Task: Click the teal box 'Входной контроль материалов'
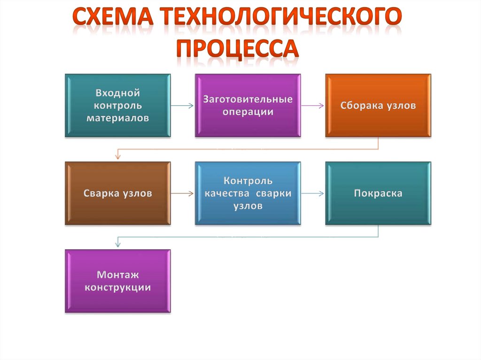pos(117,106)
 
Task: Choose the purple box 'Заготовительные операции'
pos(248,106)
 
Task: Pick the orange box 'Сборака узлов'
pos(378,106)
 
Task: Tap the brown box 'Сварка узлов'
pos(117,193)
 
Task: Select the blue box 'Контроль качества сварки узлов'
pos(248,193)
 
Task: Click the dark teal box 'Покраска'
pos(378,193)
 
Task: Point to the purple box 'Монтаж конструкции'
pos(117,281)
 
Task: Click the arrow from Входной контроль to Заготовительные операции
pos(182,106)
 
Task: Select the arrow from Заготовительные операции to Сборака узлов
pos(312,106)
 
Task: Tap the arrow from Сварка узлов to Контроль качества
pos(182,193)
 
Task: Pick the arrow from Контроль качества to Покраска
pos(312,193)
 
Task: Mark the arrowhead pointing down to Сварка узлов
pos(117,157)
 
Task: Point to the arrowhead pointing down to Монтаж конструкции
pos(117,244)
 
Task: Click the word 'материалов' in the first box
pos(117,118)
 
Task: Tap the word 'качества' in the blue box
pos(228,193)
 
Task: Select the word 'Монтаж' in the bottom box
pos(117,275)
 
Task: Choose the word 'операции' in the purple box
pos(248,112)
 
